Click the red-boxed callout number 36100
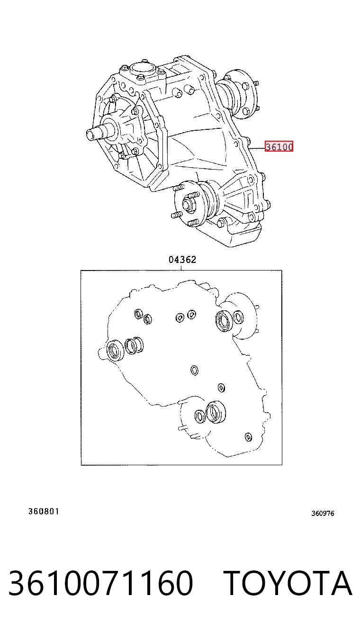click(279, 146)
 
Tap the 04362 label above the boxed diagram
click(182, 259)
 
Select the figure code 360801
click(44, 511)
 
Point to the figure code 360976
click(323, 513)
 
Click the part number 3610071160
click(101, 583)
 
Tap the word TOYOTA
click(288, 583)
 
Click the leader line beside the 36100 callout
click(256, 147)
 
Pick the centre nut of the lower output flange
click(187, 204)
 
